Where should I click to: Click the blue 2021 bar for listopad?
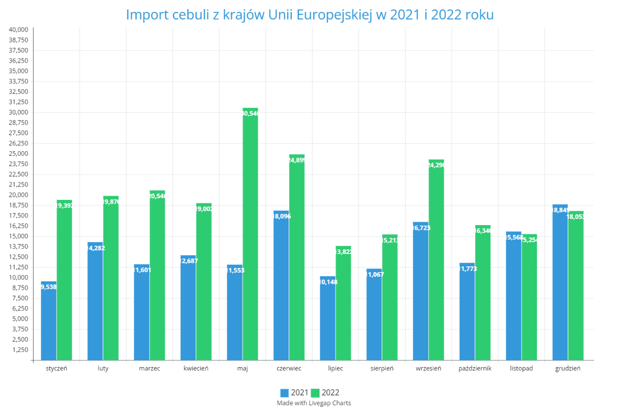pos(514,297)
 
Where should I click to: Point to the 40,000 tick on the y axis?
pos(19,29)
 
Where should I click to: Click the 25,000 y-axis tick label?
pos(19,153)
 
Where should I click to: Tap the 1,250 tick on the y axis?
pos(21,350)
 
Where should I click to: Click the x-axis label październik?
pos(475,369)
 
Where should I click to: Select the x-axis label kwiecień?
pos(196,369)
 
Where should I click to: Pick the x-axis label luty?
pos(103,369)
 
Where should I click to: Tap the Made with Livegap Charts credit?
pos(314,403)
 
